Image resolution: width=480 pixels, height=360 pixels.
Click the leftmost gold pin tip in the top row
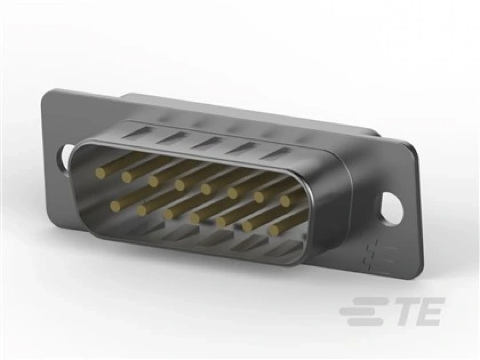[x=100, y=173]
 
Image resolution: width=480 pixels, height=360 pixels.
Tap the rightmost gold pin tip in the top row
[x=285, y=201]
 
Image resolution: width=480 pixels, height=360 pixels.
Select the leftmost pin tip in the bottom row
[x=115, y=206]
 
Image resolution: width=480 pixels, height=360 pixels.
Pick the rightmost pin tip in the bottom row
[x=273, y=230]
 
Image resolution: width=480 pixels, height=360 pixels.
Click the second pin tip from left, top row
[x=127, y=177]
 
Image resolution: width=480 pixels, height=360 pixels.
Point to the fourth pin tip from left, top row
[x=180, y=185]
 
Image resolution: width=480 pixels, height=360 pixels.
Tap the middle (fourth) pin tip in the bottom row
[x=195, y=218]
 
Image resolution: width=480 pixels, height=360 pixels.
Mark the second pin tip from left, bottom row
[x=142, y=210]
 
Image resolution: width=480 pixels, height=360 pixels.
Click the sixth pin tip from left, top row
[x=232, y=193]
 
